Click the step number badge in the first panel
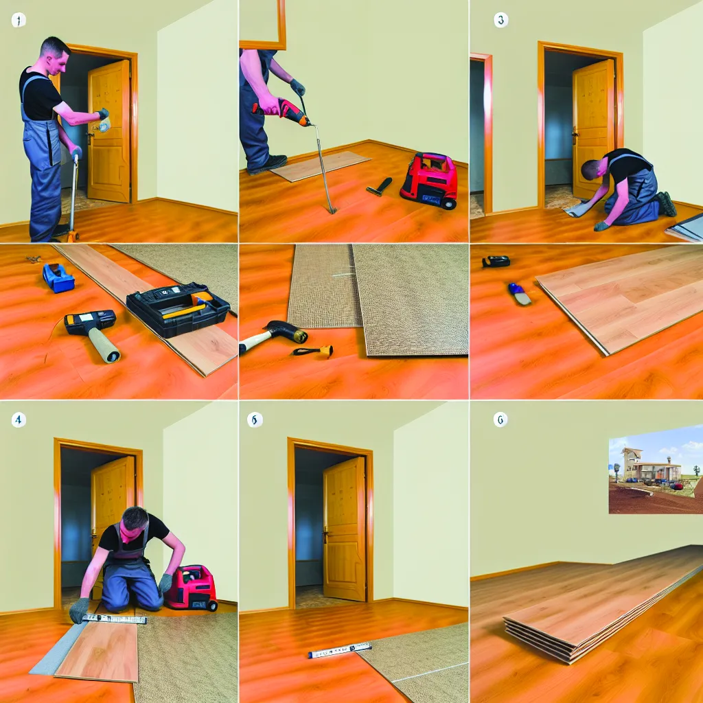18,20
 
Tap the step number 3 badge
501,20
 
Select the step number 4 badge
19,418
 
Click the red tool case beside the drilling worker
429,180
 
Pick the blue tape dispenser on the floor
58,277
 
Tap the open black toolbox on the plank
178,309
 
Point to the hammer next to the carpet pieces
275,334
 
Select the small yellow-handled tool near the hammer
314,351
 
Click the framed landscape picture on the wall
655,468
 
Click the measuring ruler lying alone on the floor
339,649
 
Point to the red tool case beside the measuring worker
192,587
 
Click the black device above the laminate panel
496,261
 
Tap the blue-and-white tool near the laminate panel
520,293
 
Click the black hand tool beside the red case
380,186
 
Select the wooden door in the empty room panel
345,529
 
